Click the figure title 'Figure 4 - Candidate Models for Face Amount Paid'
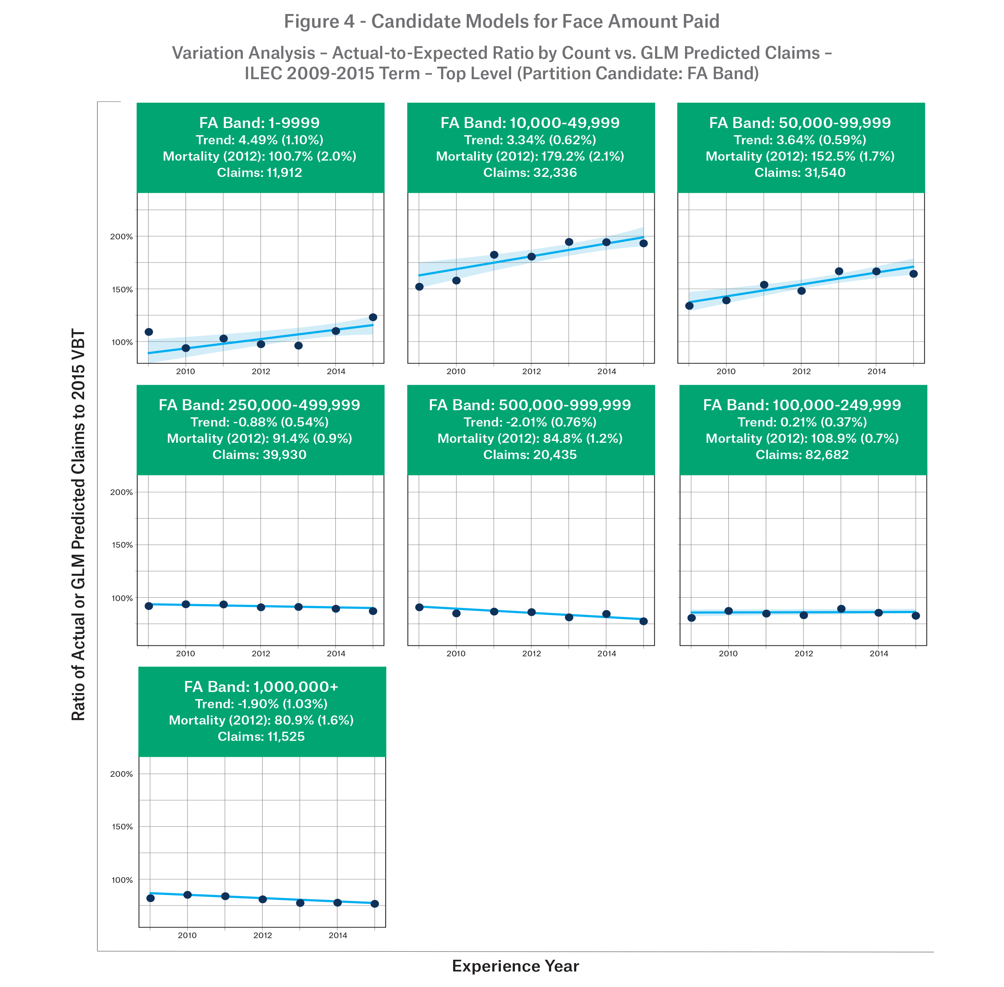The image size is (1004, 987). [502, 22]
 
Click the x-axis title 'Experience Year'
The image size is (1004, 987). [515, 966]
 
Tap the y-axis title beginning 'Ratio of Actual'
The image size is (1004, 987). [78, 524]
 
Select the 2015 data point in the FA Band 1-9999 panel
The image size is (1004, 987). [373, 317]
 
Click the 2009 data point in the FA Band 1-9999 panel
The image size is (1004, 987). [149, 332]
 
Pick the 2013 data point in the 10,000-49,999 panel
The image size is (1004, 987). [569, 242]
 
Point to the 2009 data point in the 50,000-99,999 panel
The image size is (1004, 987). [689, 306]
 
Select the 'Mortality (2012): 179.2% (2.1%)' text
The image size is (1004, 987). [530, 156]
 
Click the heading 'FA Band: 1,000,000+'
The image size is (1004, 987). [261, 687]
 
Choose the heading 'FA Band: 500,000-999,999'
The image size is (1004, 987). [530, 405]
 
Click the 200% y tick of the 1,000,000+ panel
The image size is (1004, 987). [122, 774]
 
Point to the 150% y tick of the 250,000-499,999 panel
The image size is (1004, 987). [122, 545]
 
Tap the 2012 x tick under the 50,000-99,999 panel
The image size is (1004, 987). [801, 372]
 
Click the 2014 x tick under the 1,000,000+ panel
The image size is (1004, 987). [338, 935]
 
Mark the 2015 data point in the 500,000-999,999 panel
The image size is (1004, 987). [644, 621]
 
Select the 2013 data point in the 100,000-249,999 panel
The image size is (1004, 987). [841, 609]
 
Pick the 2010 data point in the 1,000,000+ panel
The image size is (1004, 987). [188, 895]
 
